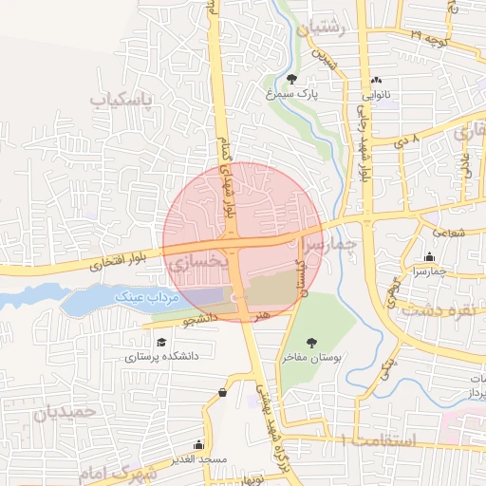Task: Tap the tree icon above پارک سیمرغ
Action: click(x=290, y=79)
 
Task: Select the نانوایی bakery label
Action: click(x=376, y=95)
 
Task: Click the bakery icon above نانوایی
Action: click(x=377, y=81)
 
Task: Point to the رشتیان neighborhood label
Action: click(x=322, y=29)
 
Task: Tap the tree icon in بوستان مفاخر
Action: click(x=310, y=343)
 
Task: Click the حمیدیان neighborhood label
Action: click(x=65, y=412)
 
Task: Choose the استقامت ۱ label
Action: click(x=377, y=440)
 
